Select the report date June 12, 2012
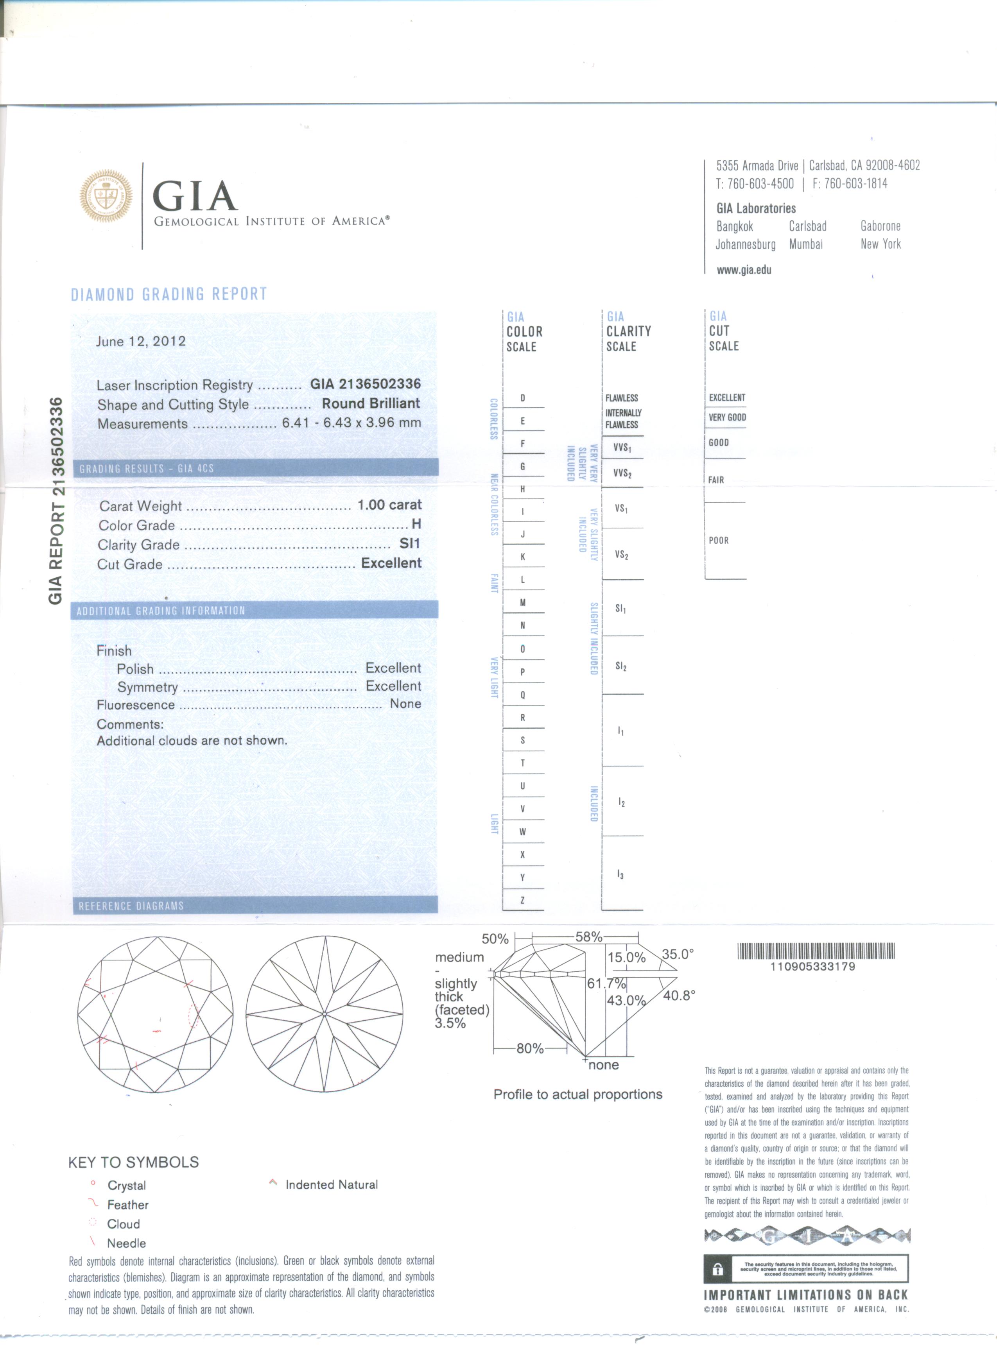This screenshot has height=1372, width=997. (141, 341)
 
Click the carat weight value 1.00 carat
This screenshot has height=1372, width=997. (389, 505)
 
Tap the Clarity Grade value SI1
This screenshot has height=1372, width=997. (410, 544)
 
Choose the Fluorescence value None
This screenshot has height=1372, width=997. (405, 704)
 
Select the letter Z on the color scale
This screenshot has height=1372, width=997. (523, 901)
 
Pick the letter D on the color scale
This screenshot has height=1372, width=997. (523, 398)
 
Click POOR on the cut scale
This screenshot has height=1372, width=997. (719, 540)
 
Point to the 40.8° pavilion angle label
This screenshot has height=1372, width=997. (679, 996)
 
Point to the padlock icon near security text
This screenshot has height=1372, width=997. (717, 1270)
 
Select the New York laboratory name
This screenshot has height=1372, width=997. (880, 244)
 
